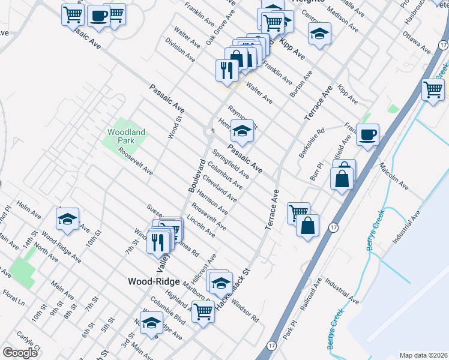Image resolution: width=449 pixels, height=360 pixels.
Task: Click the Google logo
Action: [x=20, y=353]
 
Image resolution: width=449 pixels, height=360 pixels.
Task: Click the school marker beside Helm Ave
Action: [x=68, y=219]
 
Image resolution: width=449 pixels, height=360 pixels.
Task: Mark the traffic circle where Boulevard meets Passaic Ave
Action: [x=209, y=131]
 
